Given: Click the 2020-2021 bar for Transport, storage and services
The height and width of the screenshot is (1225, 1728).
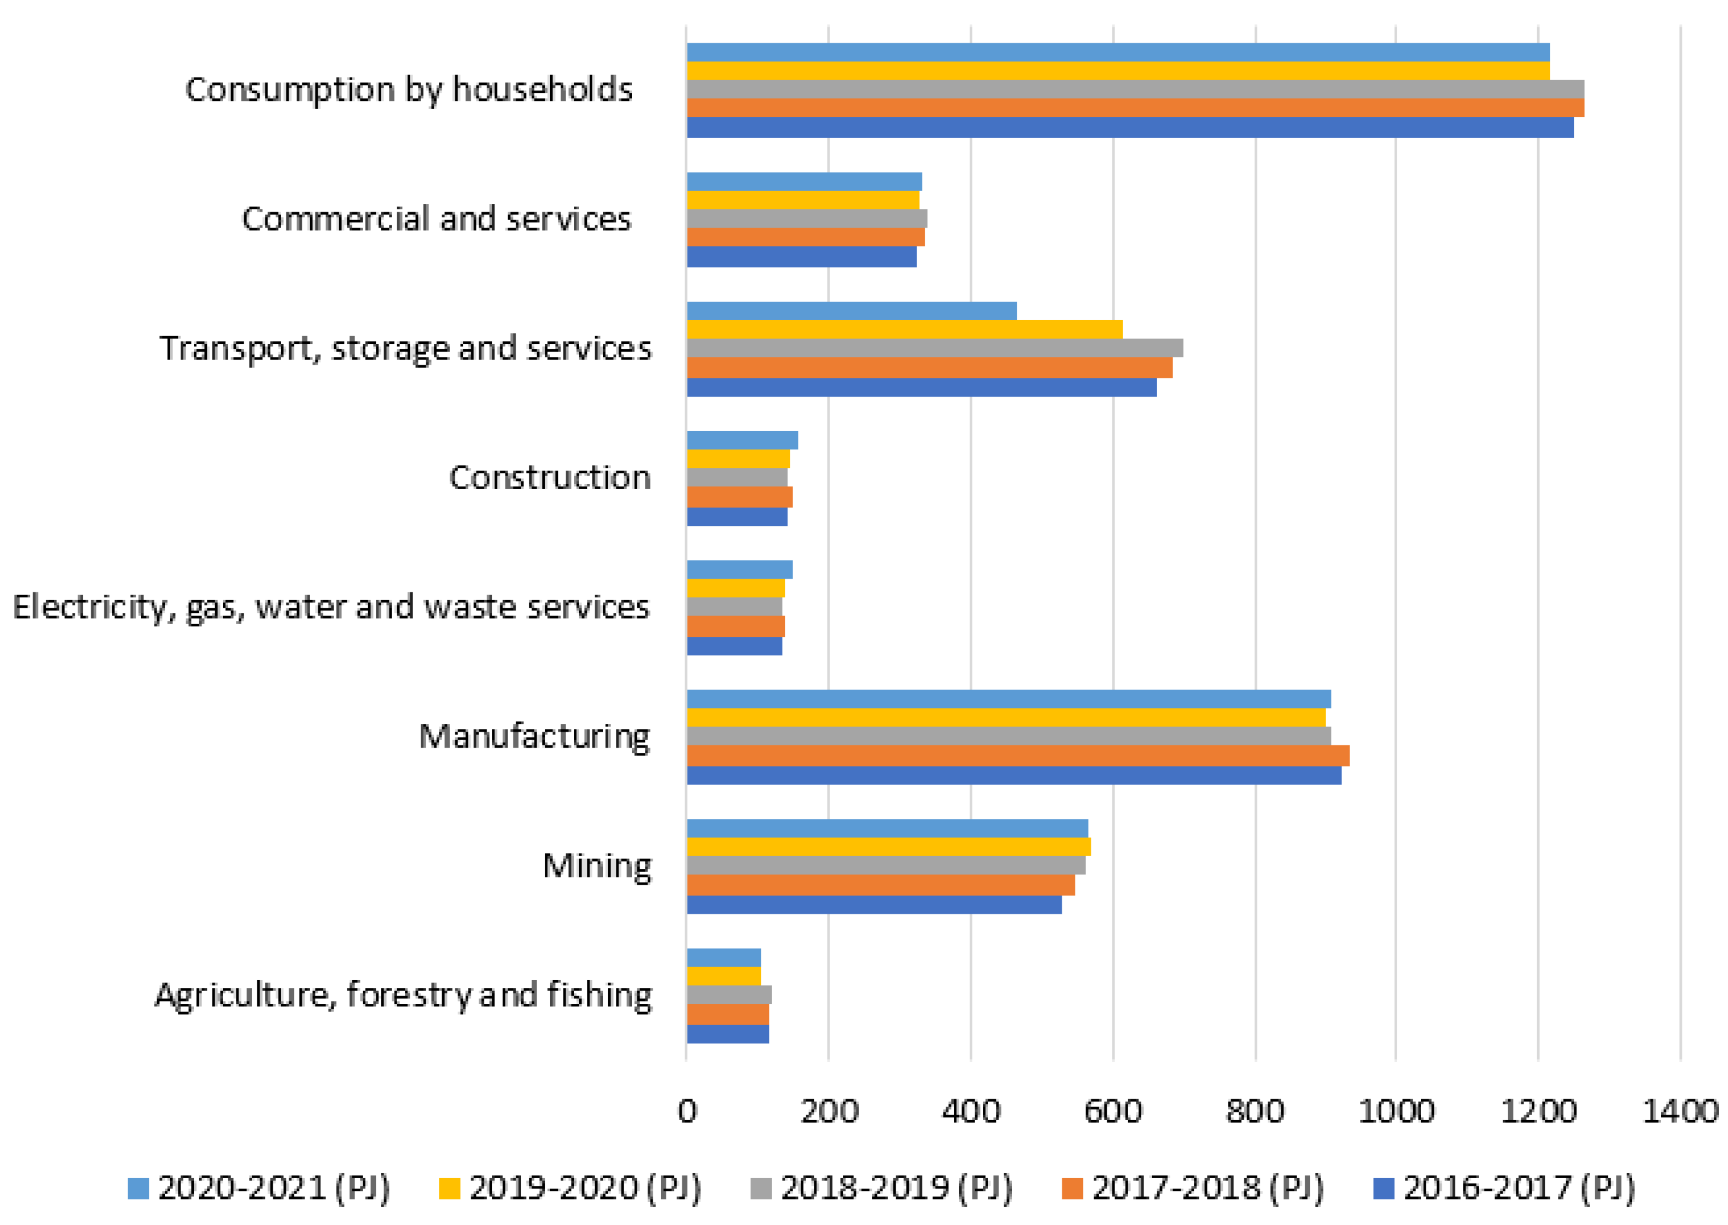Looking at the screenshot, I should click(x=851, y=311).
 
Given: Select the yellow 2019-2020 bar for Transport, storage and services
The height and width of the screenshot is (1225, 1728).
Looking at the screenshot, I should click(x=904, y=330).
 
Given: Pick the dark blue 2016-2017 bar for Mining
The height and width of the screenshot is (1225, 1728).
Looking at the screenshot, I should click(x=874, y=904).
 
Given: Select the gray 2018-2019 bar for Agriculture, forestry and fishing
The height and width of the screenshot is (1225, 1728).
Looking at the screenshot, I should click(x=729, y=994).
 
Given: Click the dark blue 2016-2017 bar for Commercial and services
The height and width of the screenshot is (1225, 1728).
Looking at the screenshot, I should click(x=801, y=257).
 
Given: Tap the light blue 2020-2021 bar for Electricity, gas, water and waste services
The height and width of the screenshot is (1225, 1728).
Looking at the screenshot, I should click(x=740, y=569).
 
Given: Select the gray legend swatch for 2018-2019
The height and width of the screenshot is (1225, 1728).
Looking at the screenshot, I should click(x=762, y=1189).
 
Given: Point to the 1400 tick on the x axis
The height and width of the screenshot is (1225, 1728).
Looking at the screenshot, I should click(x=1680, y=1111).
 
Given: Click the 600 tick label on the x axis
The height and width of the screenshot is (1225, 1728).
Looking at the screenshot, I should click(x=1113, y=1111).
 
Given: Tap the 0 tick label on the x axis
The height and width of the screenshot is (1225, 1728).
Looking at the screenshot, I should click(x=687, y=1111).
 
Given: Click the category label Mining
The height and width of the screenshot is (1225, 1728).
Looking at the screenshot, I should click(x=596, y=866).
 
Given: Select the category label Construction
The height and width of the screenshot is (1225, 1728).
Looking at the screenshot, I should click(x=550, y=477).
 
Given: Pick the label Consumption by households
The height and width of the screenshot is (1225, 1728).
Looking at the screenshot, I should click(x=408, y=90).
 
